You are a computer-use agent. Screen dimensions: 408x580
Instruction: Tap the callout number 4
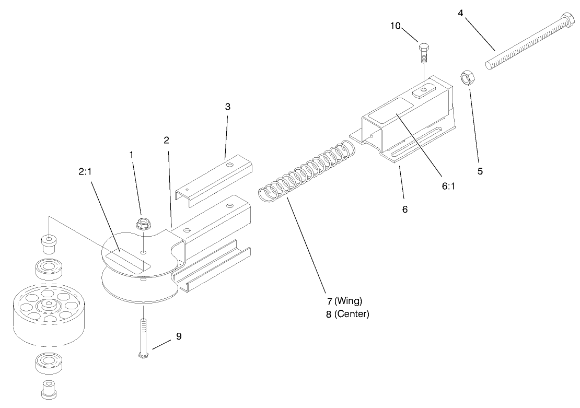click(x=460, y=12)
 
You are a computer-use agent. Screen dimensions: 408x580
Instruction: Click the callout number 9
click(x=178, y=337)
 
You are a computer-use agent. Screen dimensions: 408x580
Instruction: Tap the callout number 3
click(x=227, y=107)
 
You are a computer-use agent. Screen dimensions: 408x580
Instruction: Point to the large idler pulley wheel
click(x=48, y=316)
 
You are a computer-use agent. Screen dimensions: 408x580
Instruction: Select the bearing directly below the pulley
click(x=48, y=364)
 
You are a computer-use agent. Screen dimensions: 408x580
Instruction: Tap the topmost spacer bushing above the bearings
click(x=49, y=243)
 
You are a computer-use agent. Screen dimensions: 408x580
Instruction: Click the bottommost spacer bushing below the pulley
click(x=48, y=389)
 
